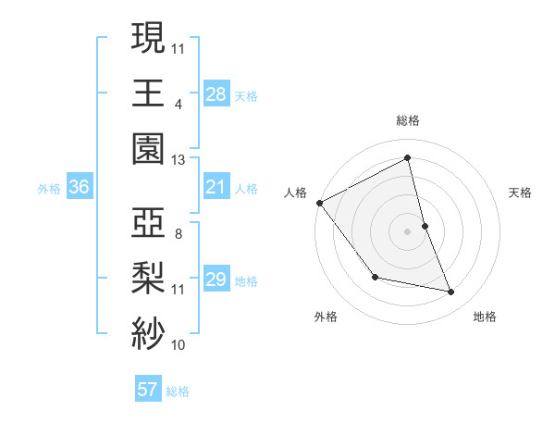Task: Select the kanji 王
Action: (148, 93)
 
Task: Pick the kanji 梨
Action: (148, 280)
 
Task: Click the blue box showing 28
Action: (216, 93)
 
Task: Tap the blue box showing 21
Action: (216, 188)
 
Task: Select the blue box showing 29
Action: (216, 280)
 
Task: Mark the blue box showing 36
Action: (79, 188)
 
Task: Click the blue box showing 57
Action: (147, 390)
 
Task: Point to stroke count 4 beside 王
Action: (178, 103)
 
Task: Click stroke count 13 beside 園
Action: (178, 159)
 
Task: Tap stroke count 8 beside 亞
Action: (178, 233)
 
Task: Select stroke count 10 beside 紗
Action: (178, 345)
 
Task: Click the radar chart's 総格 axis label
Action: (407, 120)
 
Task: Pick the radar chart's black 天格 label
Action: (521, 193)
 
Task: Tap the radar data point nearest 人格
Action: (319, 203)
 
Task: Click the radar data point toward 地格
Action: (451, 292)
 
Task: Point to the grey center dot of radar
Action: (407, 230)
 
